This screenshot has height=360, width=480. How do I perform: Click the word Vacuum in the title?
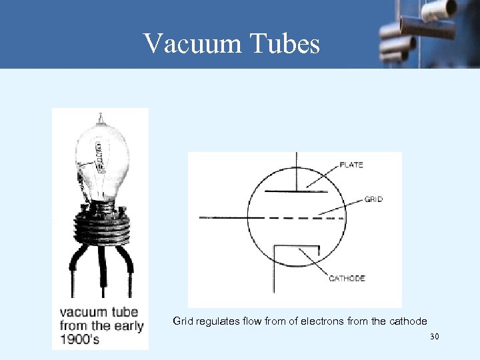189,44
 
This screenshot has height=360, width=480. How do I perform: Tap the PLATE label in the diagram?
351,165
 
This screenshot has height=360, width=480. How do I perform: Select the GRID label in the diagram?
374,199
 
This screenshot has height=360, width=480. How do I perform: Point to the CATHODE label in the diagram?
347,278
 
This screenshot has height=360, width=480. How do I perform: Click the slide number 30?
435,337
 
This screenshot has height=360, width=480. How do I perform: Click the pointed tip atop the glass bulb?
101,118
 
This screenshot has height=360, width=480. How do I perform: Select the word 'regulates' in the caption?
217,321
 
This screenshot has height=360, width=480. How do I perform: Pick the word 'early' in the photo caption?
127,326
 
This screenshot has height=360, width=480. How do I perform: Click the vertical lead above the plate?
297,170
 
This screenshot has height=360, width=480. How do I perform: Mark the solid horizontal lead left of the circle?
223,217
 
